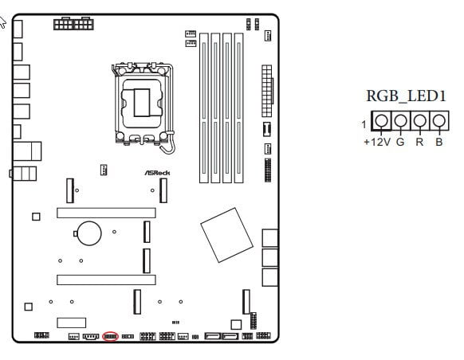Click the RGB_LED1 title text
pos(406,96)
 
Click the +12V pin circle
pos(381,120)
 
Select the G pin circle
pos(400,120)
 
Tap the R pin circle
pos(419,120)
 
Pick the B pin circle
pos(438,120)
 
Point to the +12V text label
pos(377,142)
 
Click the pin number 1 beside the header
pos(364,124)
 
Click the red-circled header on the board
pos(110,336)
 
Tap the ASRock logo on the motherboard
pos(157,173)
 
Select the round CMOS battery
pos(89,233)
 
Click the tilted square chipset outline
pos(226,235)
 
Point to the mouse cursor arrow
pos(2,22)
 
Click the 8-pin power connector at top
pos(73,23)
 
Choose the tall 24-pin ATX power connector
pos(267,91)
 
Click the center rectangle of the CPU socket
pos(142,103)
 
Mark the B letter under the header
pos(439,142)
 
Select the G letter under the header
pos(400,142)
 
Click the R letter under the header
pos(419,142)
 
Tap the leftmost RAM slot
pos(204,108)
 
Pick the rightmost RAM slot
pos(239,108)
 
